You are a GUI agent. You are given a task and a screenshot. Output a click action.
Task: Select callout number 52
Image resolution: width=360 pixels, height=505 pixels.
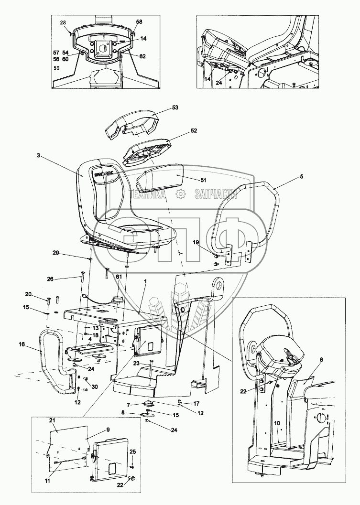click(x=180, y=130)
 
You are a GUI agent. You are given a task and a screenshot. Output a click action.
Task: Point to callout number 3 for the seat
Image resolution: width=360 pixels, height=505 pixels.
click(x=38, y=155)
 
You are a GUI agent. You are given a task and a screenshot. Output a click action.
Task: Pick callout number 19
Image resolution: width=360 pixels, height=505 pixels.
click(x=196, y=243)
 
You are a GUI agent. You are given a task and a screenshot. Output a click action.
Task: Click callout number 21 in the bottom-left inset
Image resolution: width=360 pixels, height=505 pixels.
click(x=53, y=419)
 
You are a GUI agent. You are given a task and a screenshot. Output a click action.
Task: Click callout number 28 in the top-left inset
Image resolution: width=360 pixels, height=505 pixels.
click(x=63, y=23)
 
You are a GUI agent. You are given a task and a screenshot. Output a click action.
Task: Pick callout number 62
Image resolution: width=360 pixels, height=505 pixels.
click(x=142, y=56)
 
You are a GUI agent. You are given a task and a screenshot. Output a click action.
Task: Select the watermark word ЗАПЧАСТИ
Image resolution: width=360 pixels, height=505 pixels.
click(x=217, y=194)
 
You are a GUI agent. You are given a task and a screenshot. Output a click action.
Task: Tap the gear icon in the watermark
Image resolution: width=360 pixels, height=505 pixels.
click(x=181, y=194)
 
